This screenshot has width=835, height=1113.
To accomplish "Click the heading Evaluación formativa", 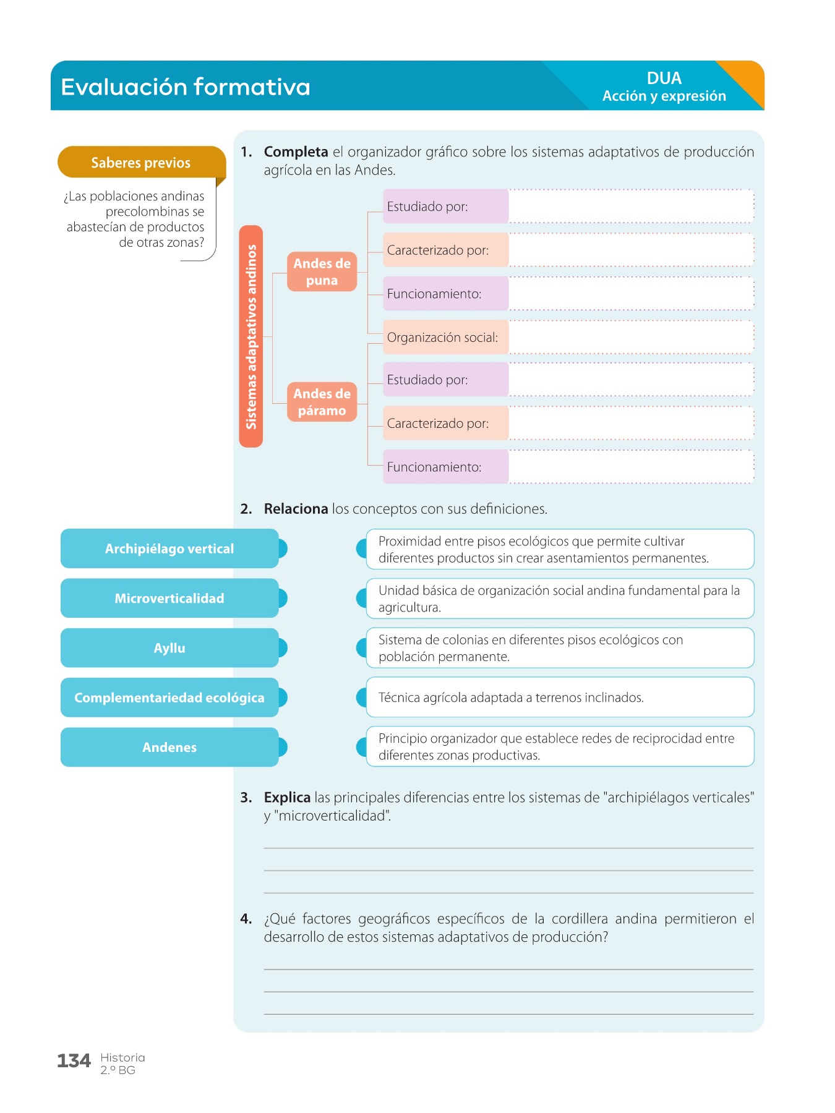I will coord(186,87).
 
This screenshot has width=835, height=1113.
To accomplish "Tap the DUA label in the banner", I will coord(664,79).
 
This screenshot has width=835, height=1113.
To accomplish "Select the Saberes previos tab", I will coord(141,163).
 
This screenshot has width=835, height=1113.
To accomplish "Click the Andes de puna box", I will coord(322,271).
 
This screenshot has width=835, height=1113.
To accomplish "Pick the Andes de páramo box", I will coord(322,402).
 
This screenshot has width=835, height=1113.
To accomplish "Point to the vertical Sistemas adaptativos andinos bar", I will coord(251,336).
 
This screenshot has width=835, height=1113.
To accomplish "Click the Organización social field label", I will coord(443,338).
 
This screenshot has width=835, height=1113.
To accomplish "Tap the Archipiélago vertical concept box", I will coord(169,548).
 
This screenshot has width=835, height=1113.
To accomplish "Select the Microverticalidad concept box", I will coord(169,598).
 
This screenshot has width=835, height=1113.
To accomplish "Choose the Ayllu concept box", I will coord(169,648).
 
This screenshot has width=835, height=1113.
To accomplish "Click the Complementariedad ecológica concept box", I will coord(169,697).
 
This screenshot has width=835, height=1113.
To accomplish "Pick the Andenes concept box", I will coord(169,747).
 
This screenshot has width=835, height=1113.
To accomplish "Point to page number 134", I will coord(74,1061).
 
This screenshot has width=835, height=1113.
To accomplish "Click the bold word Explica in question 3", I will coord(287,798).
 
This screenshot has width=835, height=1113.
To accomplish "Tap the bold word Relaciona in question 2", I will coord(296,509).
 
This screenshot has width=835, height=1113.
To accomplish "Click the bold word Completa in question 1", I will coord(296,152).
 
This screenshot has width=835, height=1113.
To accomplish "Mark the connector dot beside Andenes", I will coord(283,747).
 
